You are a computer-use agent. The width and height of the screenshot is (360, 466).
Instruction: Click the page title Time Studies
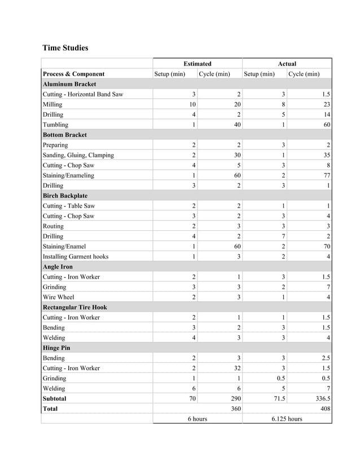tap(65, 48)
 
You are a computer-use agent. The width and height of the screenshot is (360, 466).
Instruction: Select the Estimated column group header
tap(197, 64)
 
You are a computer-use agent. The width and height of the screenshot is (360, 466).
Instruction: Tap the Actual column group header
tap(287, 64)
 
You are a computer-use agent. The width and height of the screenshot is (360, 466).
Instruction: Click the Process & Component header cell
tap(73, 74)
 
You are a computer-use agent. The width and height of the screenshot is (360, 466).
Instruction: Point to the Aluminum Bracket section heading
tap(69, 84)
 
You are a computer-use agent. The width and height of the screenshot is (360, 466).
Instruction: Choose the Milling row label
tap(53, 104)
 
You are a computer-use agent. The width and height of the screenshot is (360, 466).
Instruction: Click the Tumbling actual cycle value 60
tap(327, 125)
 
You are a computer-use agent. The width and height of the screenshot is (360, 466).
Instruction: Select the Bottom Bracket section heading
tap(65, 135)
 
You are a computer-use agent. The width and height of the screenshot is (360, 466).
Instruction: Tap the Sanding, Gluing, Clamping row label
tap(78, 155)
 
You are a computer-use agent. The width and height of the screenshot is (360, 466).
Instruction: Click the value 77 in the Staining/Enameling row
tap(327, 175)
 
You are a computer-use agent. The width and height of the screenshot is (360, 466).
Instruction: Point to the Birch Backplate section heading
tap(65, 196)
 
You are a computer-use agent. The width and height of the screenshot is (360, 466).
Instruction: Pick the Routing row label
tap(53, 226)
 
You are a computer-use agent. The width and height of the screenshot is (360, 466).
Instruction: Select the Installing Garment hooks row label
tap(76, 257)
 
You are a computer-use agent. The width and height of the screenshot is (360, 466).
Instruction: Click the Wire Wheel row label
tap(58, 297)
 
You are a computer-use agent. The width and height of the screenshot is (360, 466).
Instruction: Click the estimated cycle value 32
tap(237, 368)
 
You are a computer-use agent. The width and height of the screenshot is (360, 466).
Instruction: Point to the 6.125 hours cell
tap(287, 419)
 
